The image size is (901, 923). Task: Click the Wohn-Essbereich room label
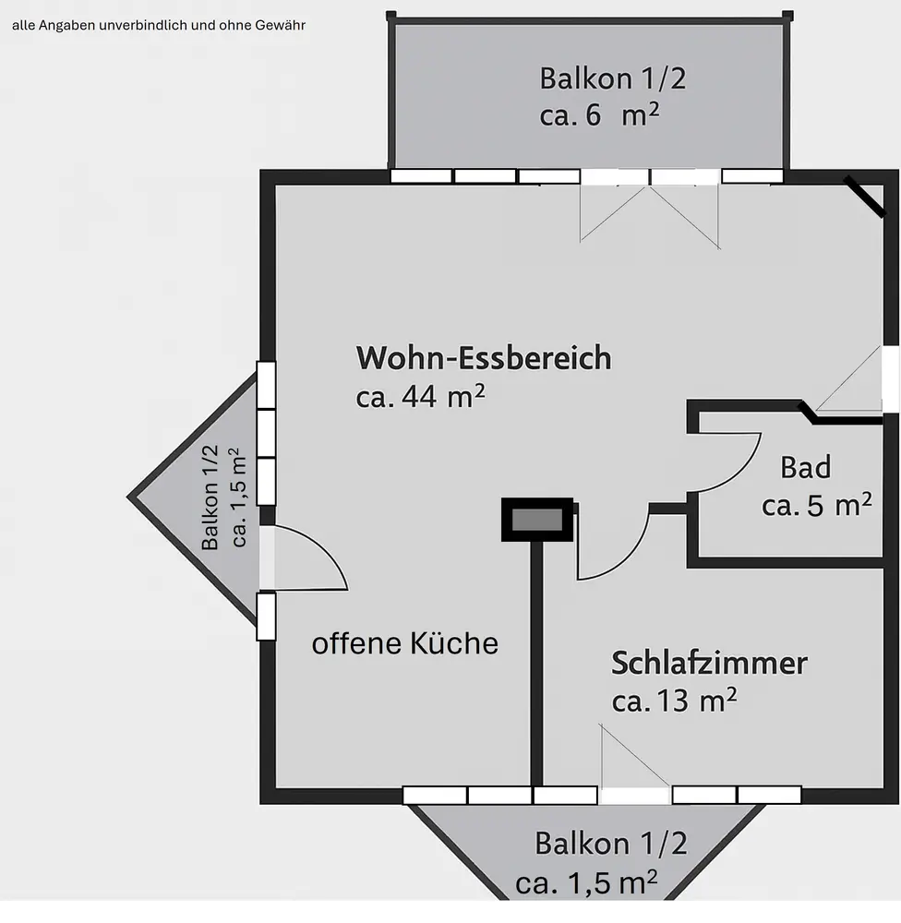click(484, 358)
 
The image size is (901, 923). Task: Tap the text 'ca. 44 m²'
click(421, 397)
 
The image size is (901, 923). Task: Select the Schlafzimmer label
click(709, 663)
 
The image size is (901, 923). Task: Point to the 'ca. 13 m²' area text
click(674, 701)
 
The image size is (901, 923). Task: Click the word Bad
click(805, 468)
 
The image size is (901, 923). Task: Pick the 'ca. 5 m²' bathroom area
click(816, 506)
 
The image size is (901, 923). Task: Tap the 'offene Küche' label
click(404, 643)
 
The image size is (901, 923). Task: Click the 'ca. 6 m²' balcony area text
click(599, 116)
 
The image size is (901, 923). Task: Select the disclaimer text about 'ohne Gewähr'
click(158, 25)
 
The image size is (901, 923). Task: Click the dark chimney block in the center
click(536, 520)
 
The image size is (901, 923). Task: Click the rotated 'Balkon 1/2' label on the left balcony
click(210, 497)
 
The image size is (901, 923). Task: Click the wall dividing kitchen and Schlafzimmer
click(536, 665)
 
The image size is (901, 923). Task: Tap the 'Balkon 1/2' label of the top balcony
click(613, 78)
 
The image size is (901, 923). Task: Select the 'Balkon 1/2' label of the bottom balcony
click(611, 843)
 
